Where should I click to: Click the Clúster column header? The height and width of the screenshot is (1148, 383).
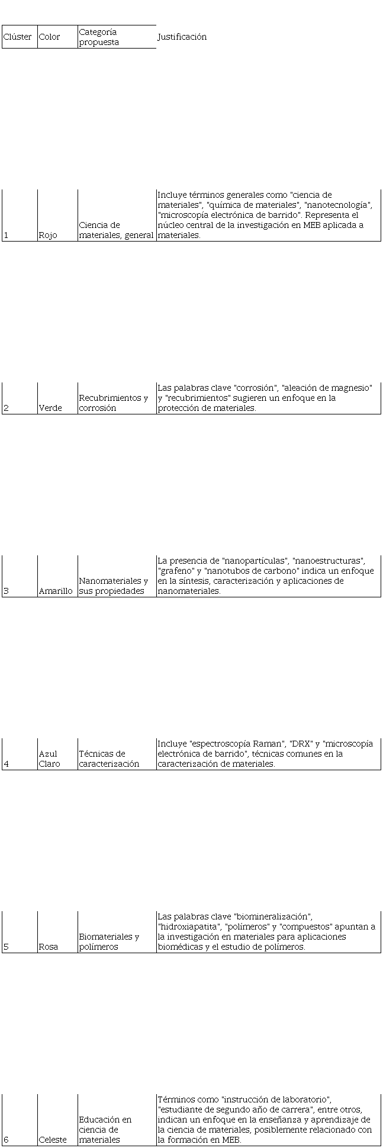coord(18,37)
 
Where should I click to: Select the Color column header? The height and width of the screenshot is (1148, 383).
coord(49,37)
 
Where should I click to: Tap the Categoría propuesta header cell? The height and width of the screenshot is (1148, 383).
coord(99,37)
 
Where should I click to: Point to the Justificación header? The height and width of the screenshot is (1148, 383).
coord(182,37)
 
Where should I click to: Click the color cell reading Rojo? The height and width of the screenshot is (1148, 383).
coord(48,235)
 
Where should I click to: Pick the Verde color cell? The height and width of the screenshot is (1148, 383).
coord(50,408)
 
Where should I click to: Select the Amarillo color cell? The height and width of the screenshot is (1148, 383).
coord(56,591)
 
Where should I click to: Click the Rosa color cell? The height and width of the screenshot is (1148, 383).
coord(49,947)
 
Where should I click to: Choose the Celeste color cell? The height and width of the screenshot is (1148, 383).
coord(53,1140)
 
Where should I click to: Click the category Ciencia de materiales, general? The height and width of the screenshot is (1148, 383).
coord(116,230)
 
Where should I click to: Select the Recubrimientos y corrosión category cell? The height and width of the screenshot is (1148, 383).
coord(114,403)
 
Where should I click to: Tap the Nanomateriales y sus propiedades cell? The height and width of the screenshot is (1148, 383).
coord(114,586)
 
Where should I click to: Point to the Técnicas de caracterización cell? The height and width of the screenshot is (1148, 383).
coord(109,758)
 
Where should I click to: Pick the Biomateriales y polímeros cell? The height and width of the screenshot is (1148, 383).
coord(109,941)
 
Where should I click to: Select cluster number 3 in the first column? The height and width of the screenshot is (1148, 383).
coord(6,591)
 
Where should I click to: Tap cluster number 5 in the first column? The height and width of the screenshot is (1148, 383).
coord(6,947)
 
